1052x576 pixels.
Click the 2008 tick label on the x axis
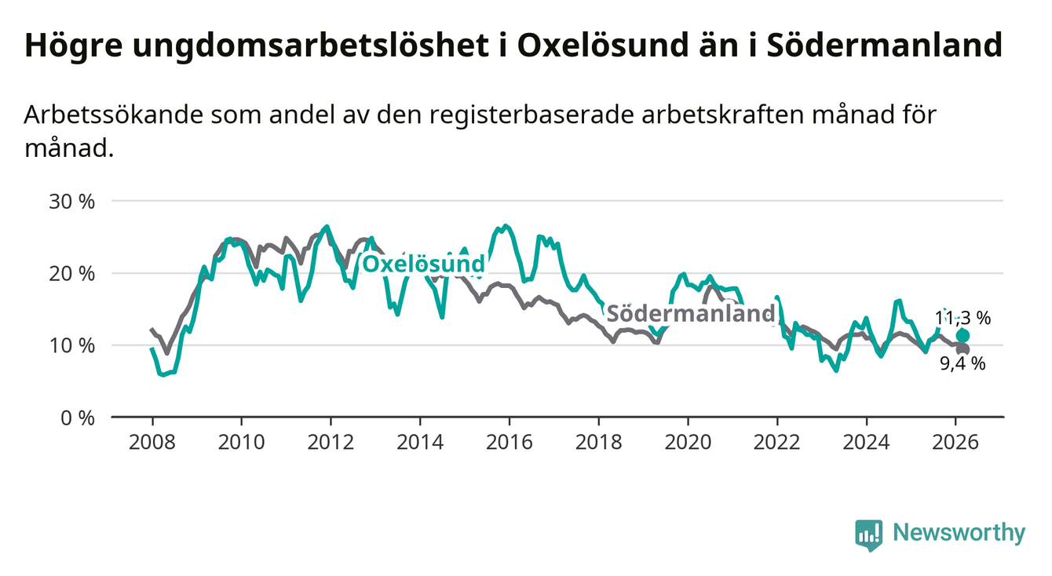click(152, 441)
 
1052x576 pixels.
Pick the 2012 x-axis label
click(331, 441)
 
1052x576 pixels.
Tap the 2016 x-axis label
click(509, 441)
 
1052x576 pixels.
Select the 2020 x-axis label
click(688, 441)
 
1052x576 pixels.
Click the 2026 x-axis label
click(955, 441)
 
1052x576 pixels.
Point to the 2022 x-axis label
click(777, 441)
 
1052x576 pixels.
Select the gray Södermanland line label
click(692, 314)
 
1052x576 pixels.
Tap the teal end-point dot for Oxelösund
click(963, 336)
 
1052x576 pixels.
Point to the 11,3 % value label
click(963, 319)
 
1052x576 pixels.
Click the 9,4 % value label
click(963, 364)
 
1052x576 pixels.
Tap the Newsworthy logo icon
click(868, 535)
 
